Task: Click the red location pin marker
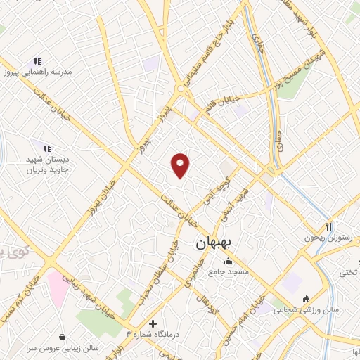tap(181, 165)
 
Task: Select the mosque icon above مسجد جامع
tap(226, 262)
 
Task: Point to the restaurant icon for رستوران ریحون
tap(328, 227)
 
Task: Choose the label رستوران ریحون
tap(328, 238)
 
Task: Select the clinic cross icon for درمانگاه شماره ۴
tap(153, 323)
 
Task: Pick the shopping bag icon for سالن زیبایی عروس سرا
tap(64, 337)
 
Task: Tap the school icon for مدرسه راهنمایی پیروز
tap(37, 62)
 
